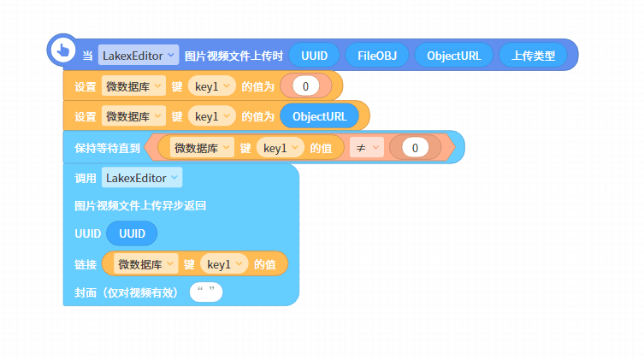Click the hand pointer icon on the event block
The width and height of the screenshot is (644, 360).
pyautogui.click(x=62, y=50)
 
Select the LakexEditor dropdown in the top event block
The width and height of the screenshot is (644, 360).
pyautogui.click(x=139, y=55)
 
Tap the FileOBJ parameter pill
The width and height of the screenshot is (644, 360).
pyautogui.click(x=377, y=56)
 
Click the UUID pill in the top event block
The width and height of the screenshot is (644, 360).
pyautogui.click(x=314, y=56)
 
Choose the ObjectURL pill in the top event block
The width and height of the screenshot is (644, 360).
pyautogui.click(x=454, y=56)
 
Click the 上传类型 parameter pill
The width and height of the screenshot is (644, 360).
pyautogui.click(x=533, y=56)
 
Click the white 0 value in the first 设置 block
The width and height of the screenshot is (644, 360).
pyautogui.click(x=305, y=86)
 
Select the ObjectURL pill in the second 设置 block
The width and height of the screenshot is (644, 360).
pyautogui.click(x=320, y=116)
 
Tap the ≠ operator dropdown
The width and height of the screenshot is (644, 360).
pyautogui.click(x=367, y=148)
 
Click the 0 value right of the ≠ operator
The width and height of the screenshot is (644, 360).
pyautogui.click(x=415, y=148)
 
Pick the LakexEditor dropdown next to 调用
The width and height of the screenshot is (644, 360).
pyautogui.click(x=142, y=178)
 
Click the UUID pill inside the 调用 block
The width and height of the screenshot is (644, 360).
pyautogui.click(x=132, y=233)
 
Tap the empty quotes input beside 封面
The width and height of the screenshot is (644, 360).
pyautogui.click(x=206, y=292)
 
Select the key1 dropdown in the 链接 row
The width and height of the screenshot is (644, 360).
pyautogui.click(x=224, y=264)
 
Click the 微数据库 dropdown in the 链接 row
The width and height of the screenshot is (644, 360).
pyautogui.click(x=145, y=264)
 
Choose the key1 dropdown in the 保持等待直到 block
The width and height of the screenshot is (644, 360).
pyautogui.click(x=281, y=148)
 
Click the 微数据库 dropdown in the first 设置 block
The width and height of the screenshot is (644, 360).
pyautogui.click(x=133, y=86)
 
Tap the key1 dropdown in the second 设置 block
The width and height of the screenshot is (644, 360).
pyautogui.click(x=212, y=116)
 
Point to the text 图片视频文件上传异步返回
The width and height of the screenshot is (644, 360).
pyautogui.click(x=140, y=205)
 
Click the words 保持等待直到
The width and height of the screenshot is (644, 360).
pyautogui.click(x=107, y=148)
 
